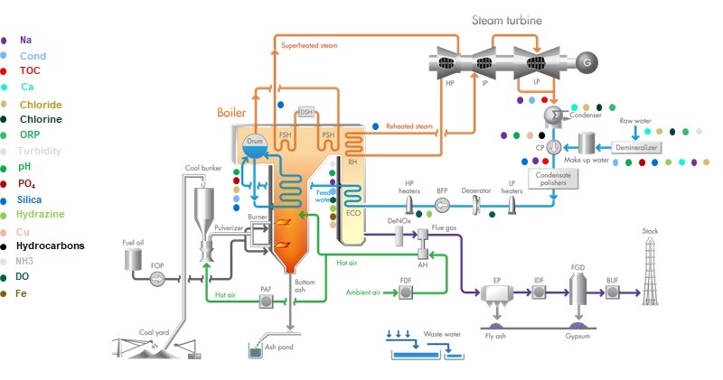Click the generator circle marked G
(x=588, y=62)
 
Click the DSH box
(x=305, y=111)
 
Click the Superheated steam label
(x=308, y=44)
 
